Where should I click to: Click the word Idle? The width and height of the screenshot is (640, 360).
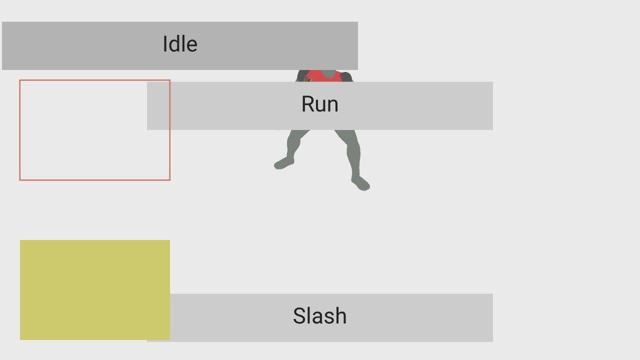(x=180, y=44)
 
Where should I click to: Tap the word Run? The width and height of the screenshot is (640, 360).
(x=320, y=104)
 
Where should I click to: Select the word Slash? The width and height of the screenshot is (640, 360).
(x=319, y=315)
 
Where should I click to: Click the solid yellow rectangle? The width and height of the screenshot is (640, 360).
(x=95, y=290)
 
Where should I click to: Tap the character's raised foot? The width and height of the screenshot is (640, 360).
(x=284, y=163)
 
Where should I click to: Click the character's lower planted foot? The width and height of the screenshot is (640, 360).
(x=360, y=183)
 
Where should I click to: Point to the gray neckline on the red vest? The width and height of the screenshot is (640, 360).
(x=328, y=73)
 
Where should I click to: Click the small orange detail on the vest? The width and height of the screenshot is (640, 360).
(x=309, y=80)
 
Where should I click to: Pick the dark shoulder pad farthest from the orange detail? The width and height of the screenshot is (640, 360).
(x=346, y=77)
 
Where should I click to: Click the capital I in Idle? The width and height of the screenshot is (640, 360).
(x=165, y=44)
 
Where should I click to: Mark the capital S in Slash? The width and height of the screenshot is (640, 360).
(x=299, y=315)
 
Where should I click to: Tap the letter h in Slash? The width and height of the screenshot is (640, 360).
(x=341, y=315)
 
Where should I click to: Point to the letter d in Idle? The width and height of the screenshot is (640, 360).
(x=174, y=44)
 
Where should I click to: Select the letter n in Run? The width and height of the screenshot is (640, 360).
(x=333, y=105)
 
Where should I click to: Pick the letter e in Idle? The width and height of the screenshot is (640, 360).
(x=192, y=46)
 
